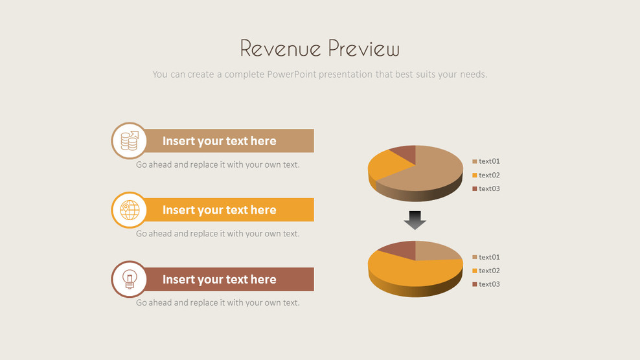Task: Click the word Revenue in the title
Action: (280, 49)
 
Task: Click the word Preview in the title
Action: (363, 49)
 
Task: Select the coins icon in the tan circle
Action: (130, 141)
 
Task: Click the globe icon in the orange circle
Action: (130, 210)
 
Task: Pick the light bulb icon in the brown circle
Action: (130, 279)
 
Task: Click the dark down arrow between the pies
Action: (415, 220)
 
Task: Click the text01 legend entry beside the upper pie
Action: (489, 161)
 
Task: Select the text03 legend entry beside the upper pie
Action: (489, 188)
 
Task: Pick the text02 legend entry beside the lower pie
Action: (489, 271)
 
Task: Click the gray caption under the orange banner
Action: (218, 234)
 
